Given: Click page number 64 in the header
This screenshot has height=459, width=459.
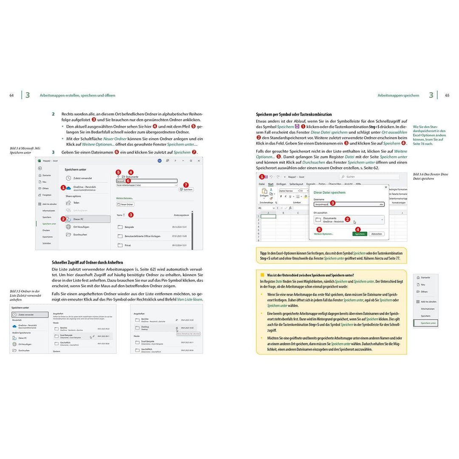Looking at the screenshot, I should (11, 96).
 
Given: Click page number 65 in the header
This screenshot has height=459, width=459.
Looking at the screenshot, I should (447, 96).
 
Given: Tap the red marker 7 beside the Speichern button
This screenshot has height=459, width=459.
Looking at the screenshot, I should (185, 185).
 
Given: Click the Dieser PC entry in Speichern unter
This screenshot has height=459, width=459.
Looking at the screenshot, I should (78, 219).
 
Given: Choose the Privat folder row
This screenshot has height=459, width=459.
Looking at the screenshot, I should (127, 245).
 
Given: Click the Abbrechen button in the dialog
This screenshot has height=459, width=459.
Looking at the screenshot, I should (377, 234).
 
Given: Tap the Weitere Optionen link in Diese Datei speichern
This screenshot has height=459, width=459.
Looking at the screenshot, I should (323, 234).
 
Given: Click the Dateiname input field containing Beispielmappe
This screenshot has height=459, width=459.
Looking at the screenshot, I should (348, 204).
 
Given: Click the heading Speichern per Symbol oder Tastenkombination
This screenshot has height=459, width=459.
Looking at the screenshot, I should (294, 115).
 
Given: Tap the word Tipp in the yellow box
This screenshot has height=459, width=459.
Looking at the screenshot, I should (263, 253).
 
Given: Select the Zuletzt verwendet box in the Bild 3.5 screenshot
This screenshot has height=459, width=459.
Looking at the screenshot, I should (30, 314).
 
